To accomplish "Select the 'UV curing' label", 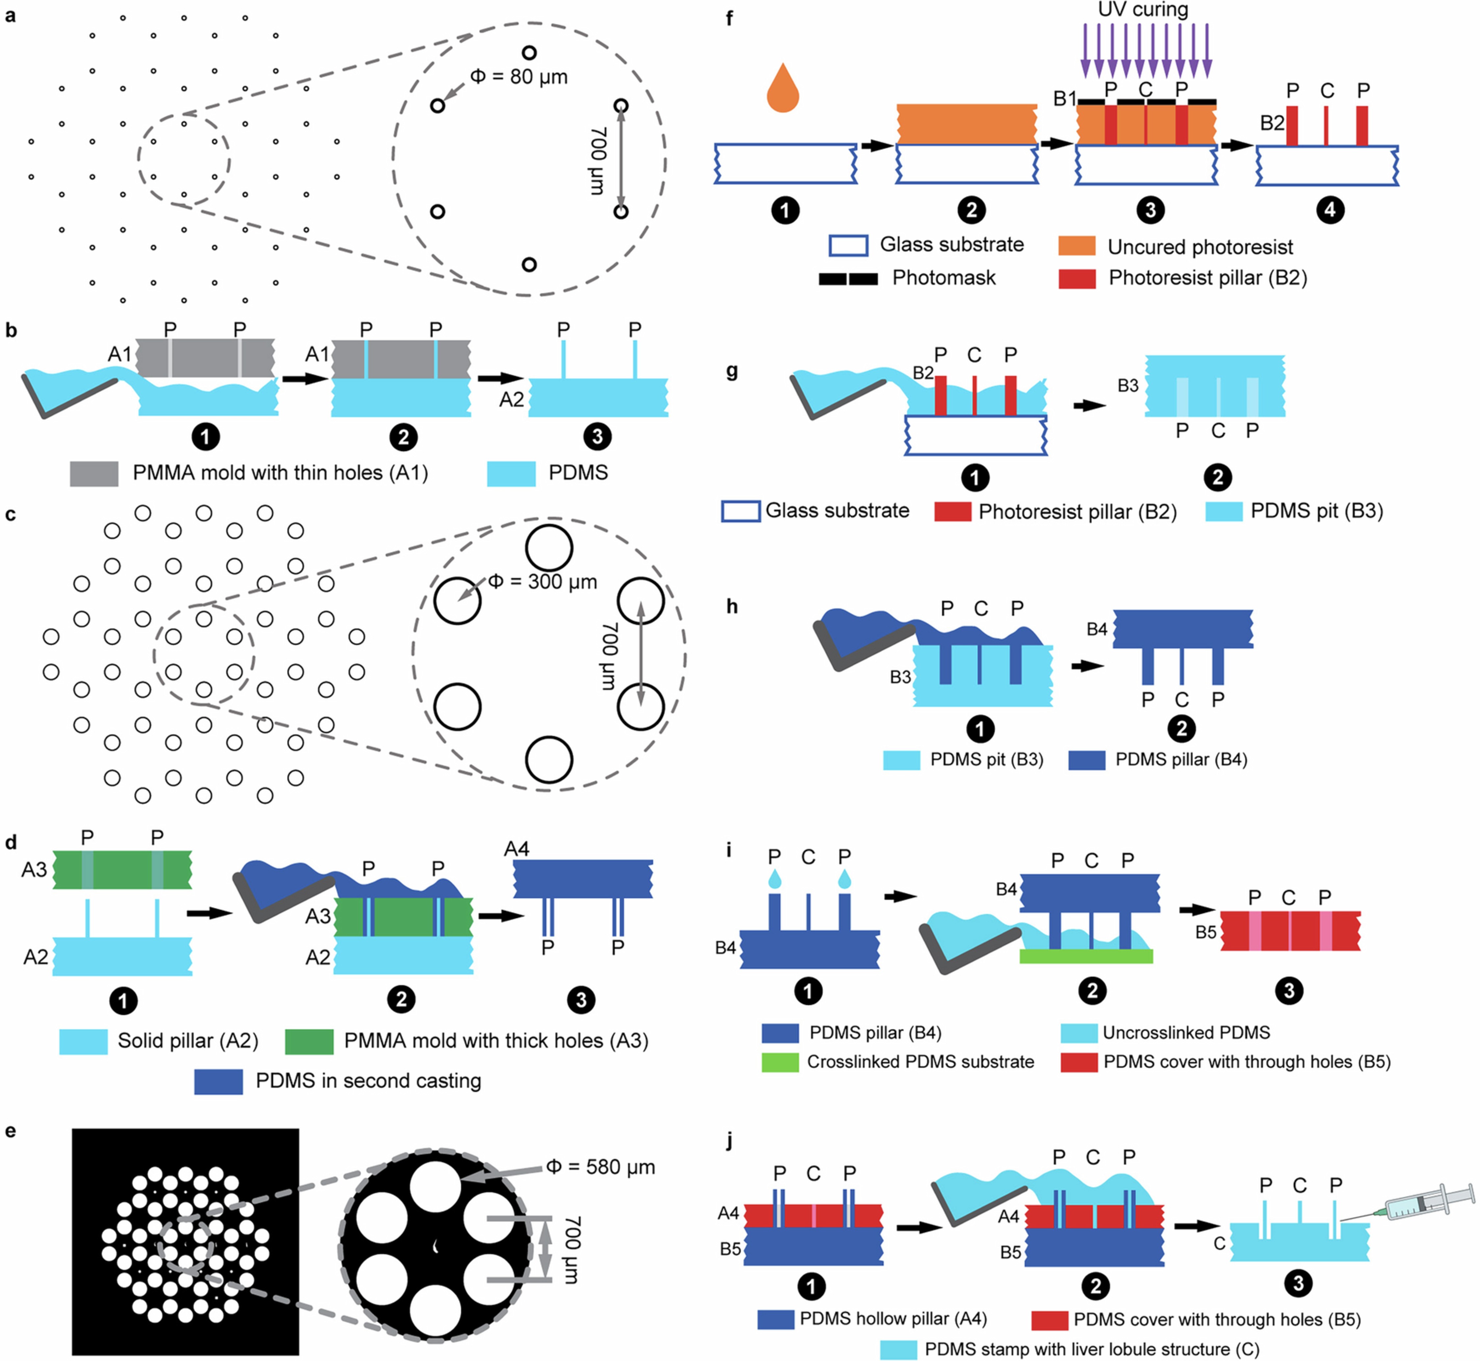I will pyautogui.click(x=1143, y=10).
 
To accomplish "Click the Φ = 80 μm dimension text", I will pyautogui.click(x=519, y=77).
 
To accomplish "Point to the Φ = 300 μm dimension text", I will pyautogui.click(x=543, y=582).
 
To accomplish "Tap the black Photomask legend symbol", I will pyautogui.click(x=848, y=278).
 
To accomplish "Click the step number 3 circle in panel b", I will pyautogui.click(x=597, y=437).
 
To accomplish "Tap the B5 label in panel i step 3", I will pyautogui.click(x=1205, y=932).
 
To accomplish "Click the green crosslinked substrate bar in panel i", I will pyautogui.click(x=1086, y=956).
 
